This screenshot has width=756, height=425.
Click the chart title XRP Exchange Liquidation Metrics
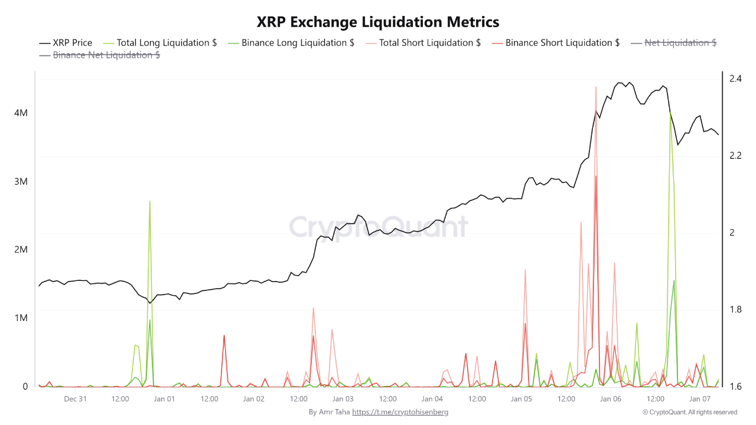(x=378, y=22)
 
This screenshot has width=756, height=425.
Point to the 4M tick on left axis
(x=21, y=113)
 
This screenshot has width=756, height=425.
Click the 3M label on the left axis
(x=21, y=181)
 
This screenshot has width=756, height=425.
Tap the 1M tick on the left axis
(x=21, y=318)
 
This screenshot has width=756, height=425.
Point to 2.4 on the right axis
(x=735, y=78)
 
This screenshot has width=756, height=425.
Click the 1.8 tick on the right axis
(x=735, y=309)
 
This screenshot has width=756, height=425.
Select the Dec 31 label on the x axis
(x=75, y=399)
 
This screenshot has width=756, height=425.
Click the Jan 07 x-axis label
(x=700, y=399)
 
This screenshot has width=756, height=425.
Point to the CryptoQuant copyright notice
(x=689, y=412)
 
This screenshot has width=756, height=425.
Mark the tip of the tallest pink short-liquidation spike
(x=596, y=86)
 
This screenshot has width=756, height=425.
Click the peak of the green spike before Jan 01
(x=149, y=201)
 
